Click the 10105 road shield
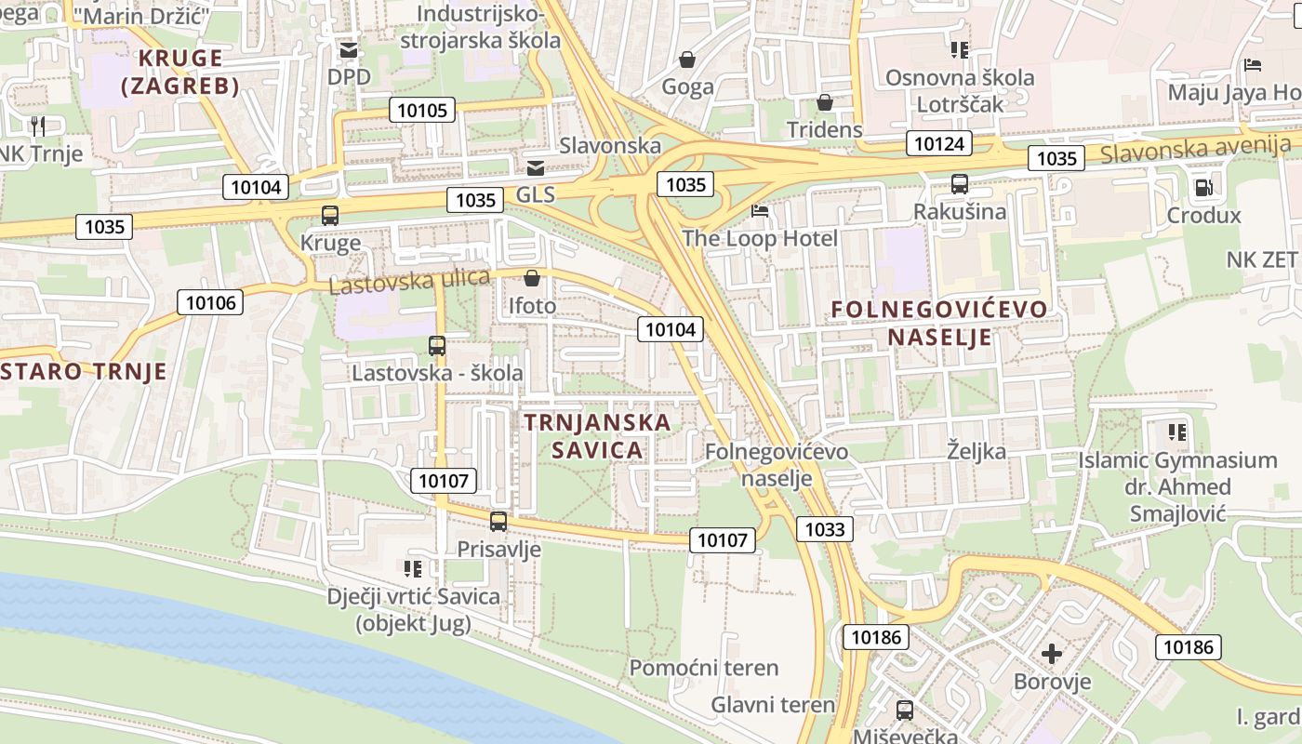422,111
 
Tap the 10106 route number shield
210,301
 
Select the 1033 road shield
824,529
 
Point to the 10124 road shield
939,143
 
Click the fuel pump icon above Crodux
1203,188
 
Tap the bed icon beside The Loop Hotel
760,211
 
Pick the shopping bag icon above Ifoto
532,278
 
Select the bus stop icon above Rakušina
959,184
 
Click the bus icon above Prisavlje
498,522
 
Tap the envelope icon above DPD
349,49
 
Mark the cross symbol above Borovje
1052,654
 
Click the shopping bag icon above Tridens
824,102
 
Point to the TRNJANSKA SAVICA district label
596,436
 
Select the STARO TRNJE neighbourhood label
84,372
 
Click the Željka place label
976,452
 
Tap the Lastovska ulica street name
409,280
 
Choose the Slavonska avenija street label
1196,149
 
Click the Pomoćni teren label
704,668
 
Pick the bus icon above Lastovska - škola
437,346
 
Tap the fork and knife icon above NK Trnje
38,126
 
